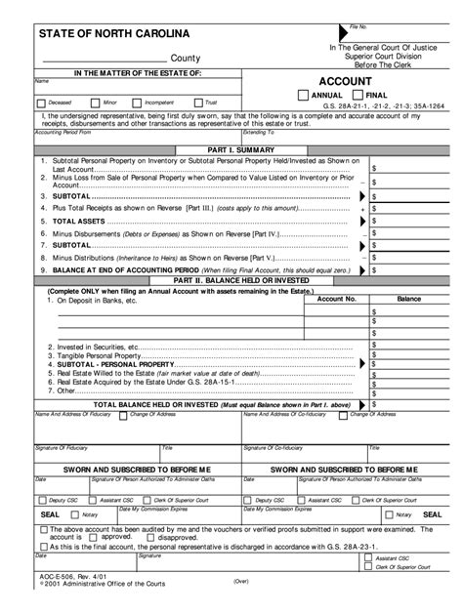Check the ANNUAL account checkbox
click(303, 95)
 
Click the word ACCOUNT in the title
click(349, 80)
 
